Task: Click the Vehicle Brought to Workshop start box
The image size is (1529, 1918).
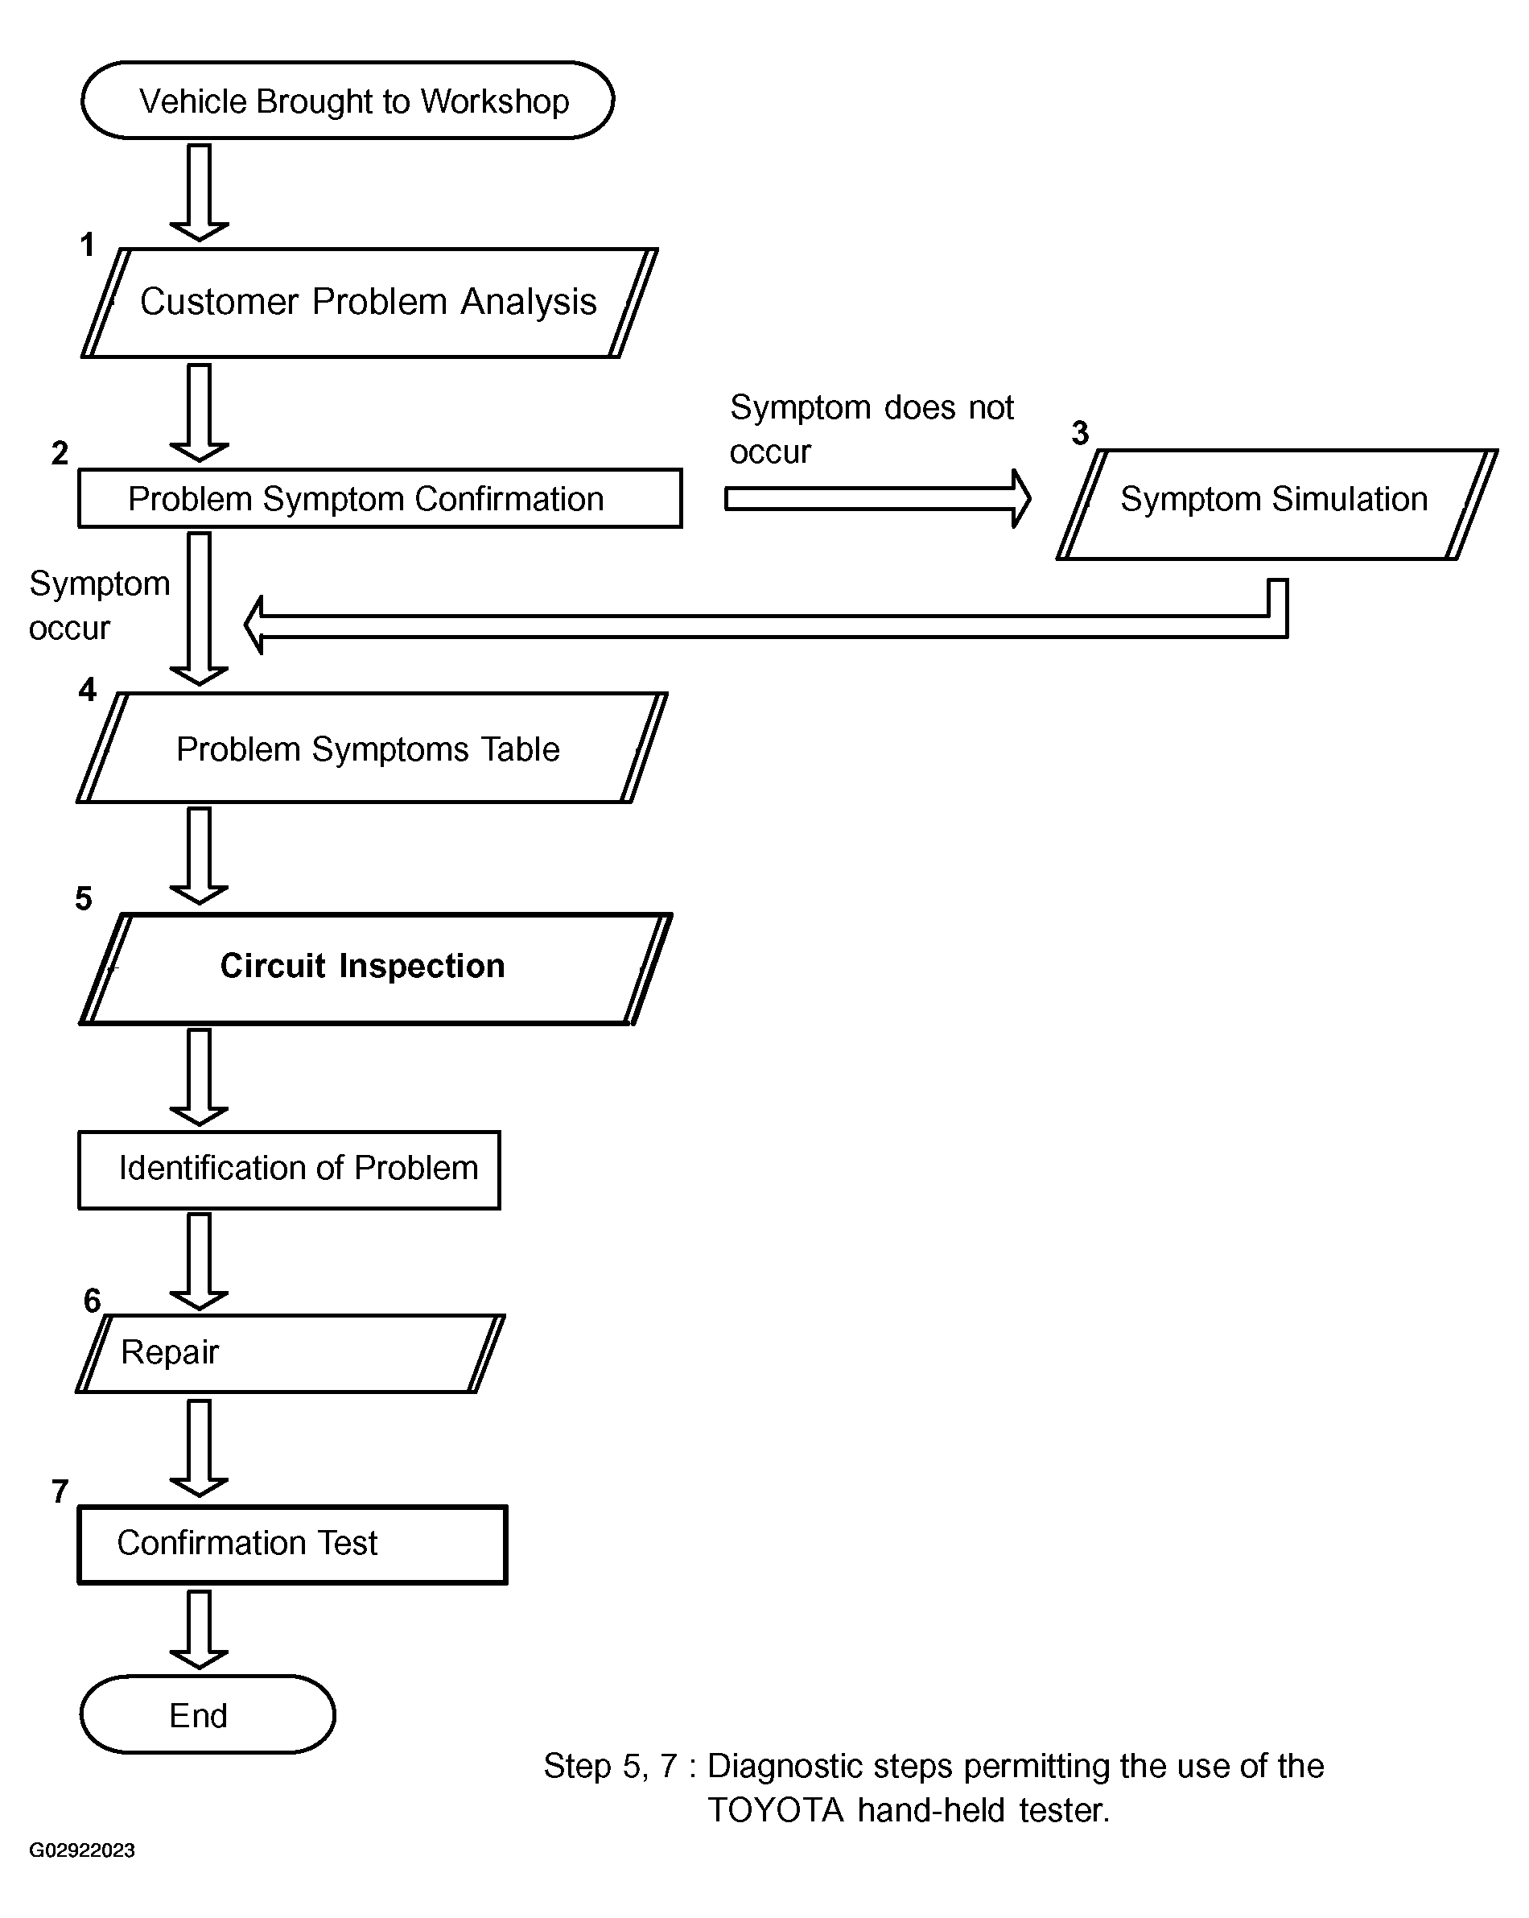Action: click(x=348, y=101)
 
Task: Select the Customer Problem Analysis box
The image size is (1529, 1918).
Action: click(x=369, y=303)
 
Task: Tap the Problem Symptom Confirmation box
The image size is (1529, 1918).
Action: click(x=380, y=498)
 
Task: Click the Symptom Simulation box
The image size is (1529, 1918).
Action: click(x=1277, y=505)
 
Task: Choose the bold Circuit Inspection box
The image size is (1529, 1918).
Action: click(x=375, y=969)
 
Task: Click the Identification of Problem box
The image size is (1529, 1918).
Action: click(x=289, y=1169)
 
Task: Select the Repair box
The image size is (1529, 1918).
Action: click(x=290, y=1353)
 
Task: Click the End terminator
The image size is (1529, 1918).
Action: click(x=208, y=1714)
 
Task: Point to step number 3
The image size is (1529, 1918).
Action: click(x=1080, y=433)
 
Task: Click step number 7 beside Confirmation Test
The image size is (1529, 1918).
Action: click(x=60, y=1491)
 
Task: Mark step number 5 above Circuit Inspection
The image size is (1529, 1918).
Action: click(x=84, y=898)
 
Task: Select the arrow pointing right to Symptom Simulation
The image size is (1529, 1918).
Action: click(x=878, y=498)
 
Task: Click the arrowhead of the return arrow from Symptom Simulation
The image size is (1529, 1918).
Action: click(x=253, y=625)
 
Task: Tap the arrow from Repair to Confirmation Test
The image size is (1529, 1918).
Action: click(x=200, y=1448)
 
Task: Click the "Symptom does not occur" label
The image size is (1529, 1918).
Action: click(x=872, y=429)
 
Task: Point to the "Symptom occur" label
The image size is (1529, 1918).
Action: click(x=99, y=605)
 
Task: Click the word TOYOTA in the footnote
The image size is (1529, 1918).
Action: click(x=775, y=1810)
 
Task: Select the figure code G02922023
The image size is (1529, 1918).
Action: click(x=82, y=1850)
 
